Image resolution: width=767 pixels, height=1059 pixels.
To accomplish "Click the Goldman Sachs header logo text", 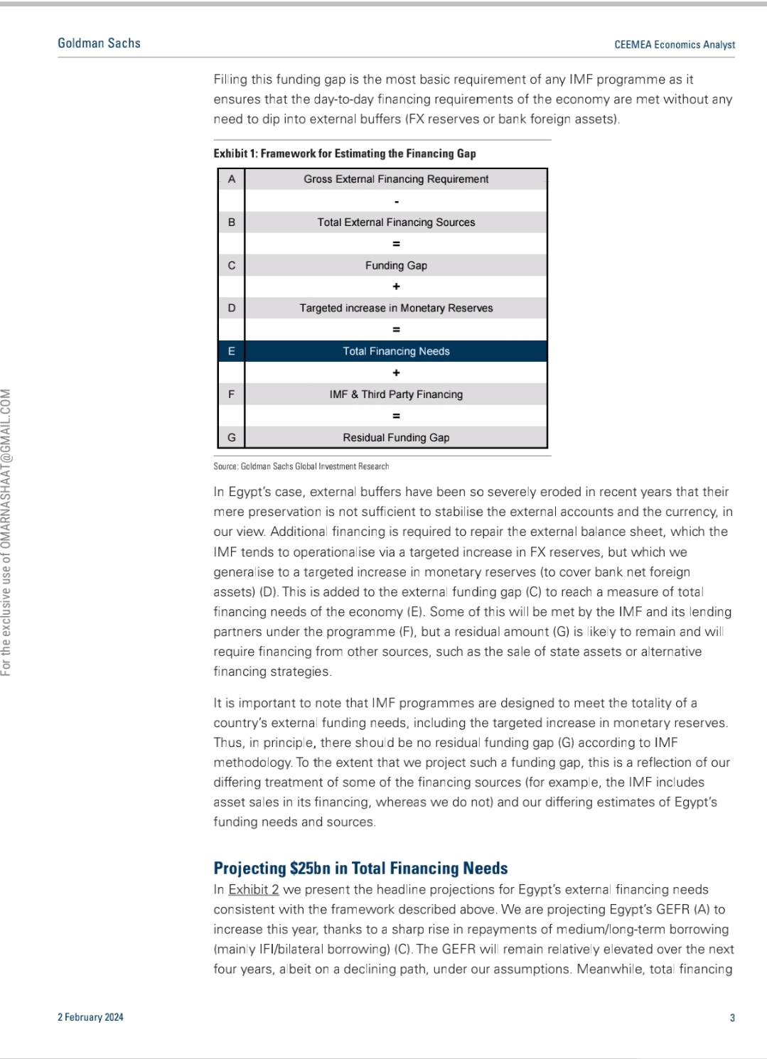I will pyautogui.click(x=99, y=43).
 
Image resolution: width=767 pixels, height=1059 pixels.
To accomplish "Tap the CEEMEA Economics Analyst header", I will pyautogui.click(x=675, y=45).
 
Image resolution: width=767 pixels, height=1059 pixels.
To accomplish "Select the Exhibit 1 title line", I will pyautogui.click(x=345, y=154).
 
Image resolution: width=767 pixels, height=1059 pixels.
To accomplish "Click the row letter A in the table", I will pyautogui.click(x=231, y=179).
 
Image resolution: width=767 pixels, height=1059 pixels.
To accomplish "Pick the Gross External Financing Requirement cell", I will pyautogui.click(x=396, y=179).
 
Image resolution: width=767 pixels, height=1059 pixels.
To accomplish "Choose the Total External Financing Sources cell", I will pyautogui.click(x=396, y=222).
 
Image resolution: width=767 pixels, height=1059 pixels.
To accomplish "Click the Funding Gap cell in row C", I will pyautogui.click(x=396, y=265).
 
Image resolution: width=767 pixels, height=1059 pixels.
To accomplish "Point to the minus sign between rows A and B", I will pyautogui.click(x=396, y=202).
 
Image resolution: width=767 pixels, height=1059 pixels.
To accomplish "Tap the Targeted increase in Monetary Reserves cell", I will pyautogui.click(x=396, y=308).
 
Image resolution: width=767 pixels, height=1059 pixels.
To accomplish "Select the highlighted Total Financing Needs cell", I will pyautogui.click(x=396, y=351).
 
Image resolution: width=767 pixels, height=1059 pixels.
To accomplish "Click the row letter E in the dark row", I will pyautogui.click(x=231, y=351).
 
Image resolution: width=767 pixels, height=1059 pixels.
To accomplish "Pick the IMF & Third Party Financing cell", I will pyautogui.click(x=396, y=394).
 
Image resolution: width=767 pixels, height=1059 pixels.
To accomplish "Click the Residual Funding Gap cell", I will pyautogui.click(x=396, y=438).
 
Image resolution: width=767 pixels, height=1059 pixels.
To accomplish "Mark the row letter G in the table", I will pyautogui.click(x=231, y=438).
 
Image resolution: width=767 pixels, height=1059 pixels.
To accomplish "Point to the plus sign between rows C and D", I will pyautogui.click(x=396, y=286).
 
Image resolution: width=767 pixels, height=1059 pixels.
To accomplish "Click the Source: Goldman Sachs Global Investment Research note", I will pyautogui.click(x=301, y=467).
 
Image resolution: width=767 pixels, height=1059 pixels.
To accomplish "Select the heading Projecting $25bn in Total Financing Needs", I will pyautogui.click(x=360, y=868).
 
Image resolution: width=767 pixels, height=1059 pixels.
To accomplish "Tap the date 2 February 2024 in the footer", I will pyautogui.click(x=90, y=1017).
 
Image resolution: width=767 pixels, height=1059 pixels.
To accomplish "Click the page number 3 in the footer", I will pyautogui.click(x=732, y=1018).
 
